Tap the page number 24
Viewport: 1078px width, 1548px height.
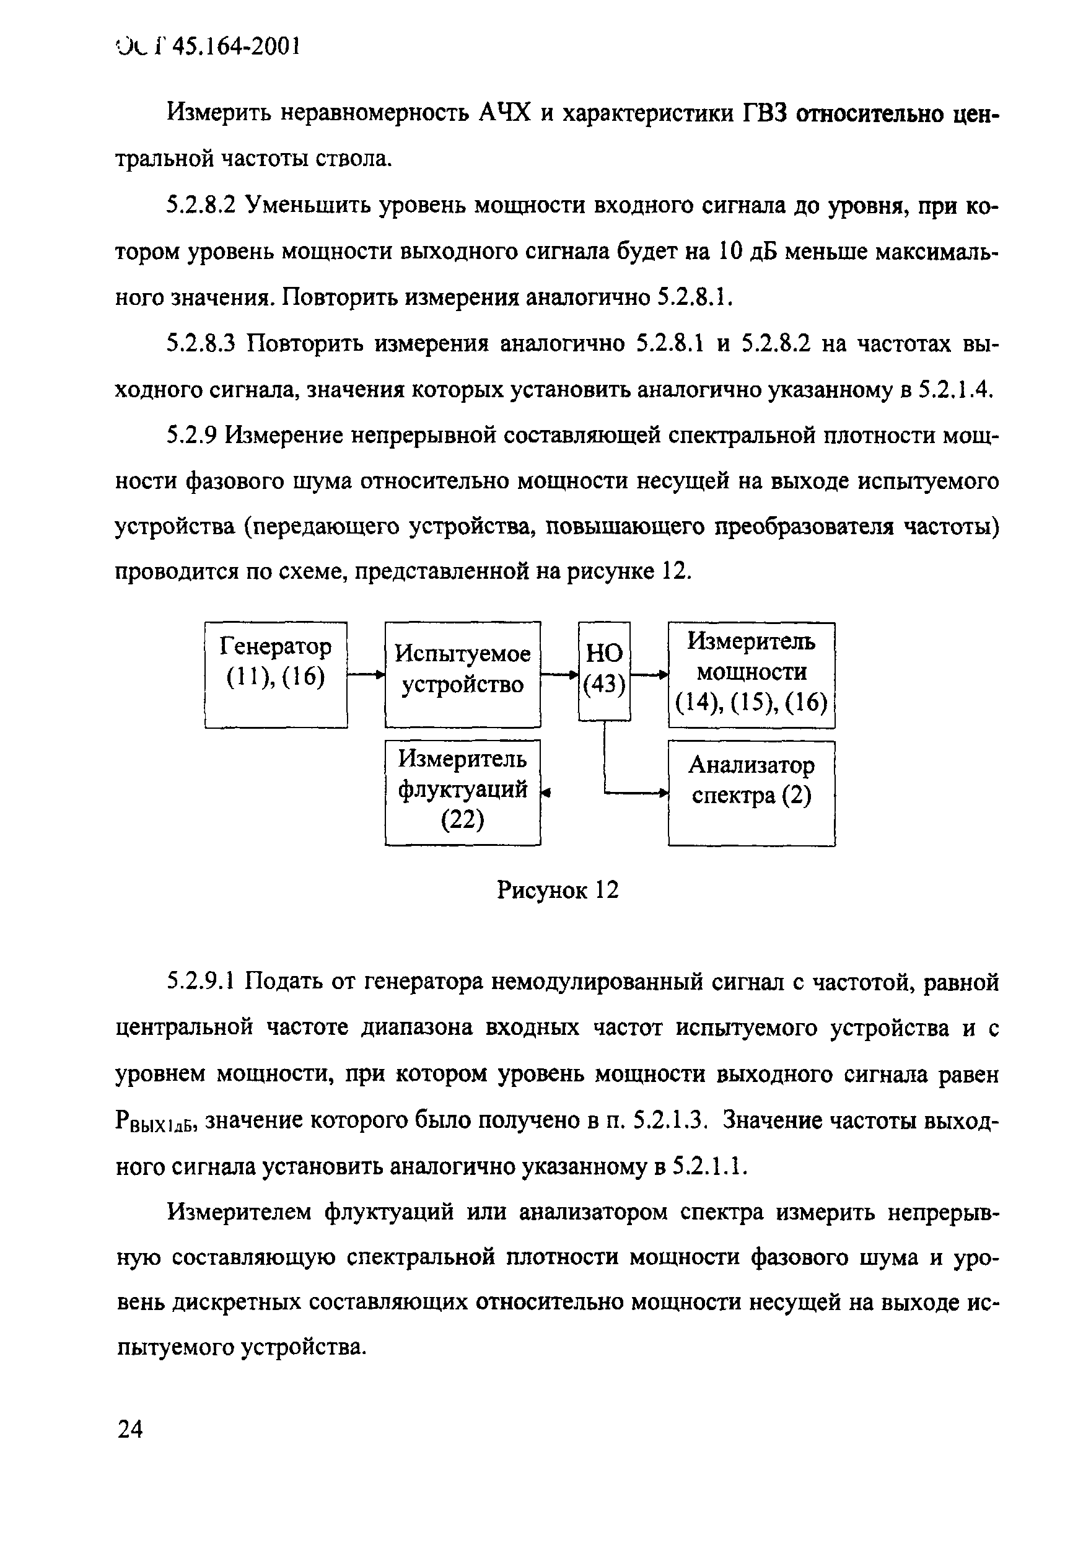[x=130, y=1428]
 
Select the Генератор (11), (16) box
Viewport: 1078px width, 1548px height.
[x=276, y=674]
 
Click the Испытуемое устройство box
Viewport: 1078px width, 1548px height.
[x=462, y=674]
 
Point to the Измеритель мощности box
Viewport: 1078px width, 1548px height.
[x=751, y=674]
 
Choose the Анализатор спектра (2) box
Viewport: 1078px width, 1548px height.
[x=751, y=792]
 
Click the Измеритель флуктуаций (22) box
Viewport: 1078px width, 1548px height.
[x=462, y=791]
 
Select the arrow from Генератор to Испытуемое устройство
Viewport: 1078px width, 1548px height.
[x=366, y=674]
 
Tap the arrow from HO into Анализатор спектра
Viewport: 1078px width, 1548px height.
[x=634, y=793]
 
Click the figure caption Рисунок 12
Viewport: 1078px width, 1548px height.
[x=557, y=890]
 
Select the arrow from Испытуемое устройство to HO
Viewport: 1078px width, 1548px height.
[x=559, y=674]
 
